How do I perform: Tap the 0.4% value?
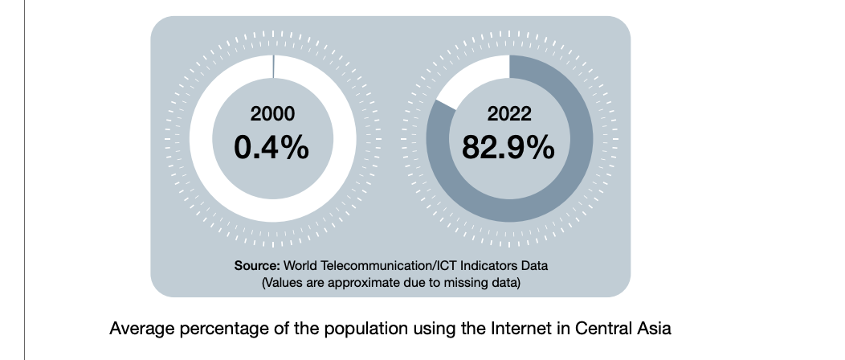[x=272, y=147]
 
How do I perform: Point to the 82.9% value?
[x=509, y=147]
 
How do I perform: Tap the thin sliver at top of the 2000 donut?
[x=274, y=67]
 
